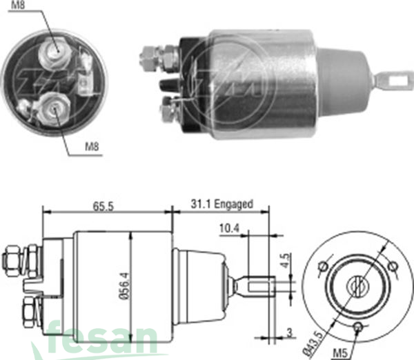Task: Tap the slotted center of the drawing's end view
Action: point(358,284)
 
